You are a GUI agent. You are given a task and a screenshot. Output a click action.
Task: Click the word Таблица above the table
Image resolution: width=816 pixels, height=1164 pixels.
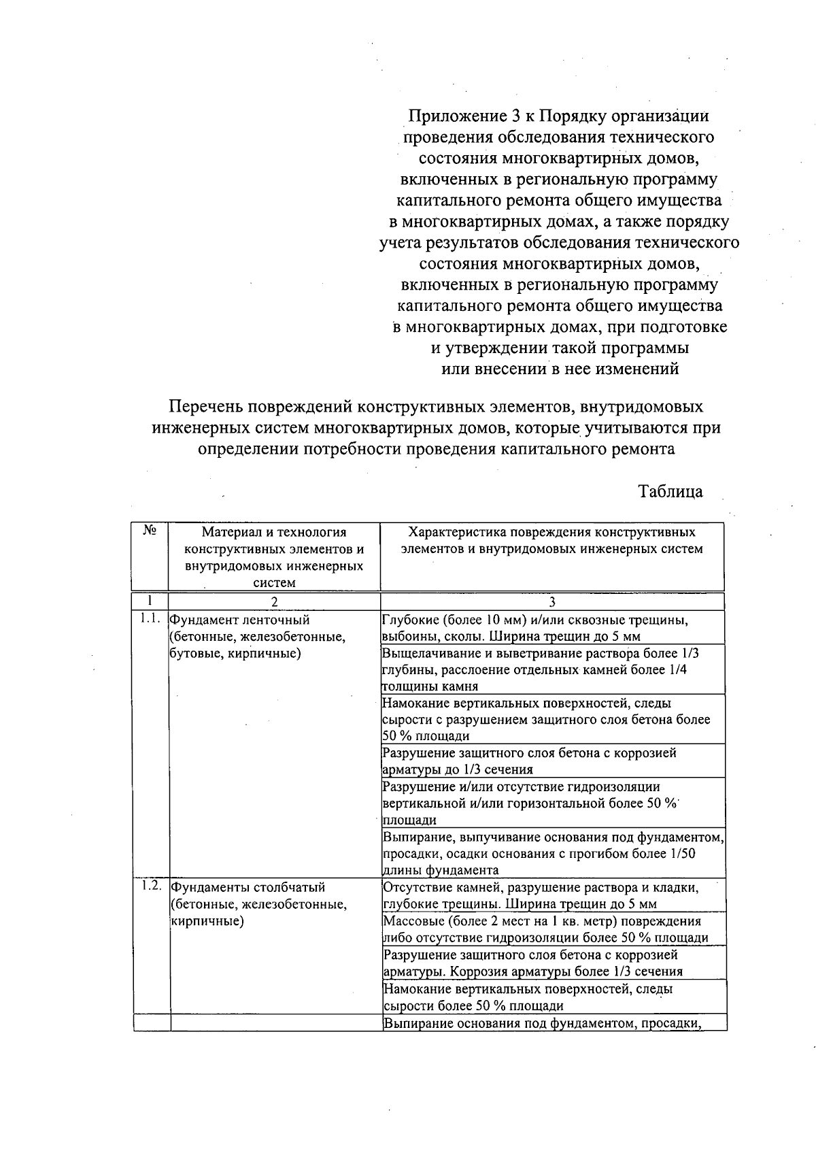pyautogui.click(x=670, y=491)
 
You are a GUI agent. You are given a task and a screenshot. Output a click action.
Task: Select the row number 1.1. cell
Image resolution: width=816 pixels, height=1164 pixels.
pyautogui.click(x=150, y=619)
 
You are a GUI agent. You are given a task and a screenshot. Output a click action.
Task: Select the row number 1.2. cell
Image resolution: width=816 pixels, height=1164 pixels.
pyautogui.click(x=152, y=886)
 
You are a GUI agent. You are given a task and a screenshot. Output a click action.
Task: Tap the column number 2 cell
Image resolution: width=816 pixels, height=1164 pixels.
pyautogui.click(x=274, y=601)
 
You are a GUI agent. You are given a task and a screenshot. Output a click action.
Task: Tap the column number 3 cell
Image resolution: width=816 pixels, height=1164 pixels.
pyautogui.click(x=551, y=601)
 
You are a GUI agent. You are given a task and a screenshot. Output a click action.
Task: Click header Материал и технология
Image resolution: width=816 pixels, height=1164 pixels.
pyautogui.click(x=274, y=532)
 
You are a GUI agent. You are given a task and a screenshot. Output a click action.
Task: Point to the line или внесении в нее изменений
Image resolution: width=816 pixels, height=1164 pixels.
pyautogui.click(x=560, y=369)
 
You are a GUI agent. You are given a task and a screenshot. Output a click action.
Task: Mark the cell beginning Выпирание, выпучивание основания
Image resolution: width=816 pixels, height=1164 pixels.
pyautogui.click(x=552, y=853)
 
